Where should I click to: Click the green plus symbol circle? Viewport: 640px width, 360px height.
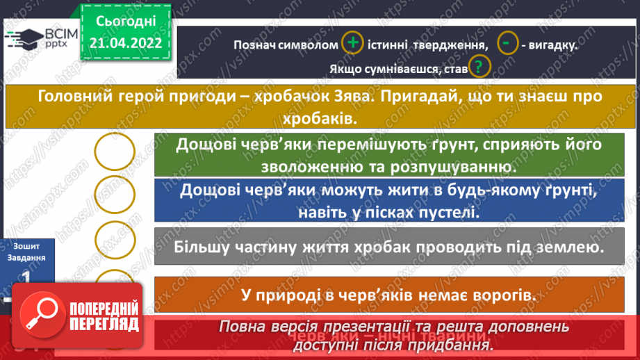(x=353, y=43)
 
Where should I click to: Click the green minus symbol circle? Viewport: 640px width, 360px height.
(x=509, y=43)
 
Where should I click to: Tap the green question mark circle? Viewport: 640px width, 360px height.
(x=479, y=67)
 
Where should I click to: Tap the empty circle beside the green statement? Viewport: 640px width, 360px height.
(x=115, y=152)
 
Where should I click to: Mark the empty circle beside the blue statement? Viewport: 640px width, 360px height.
(x=115, y=195)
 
